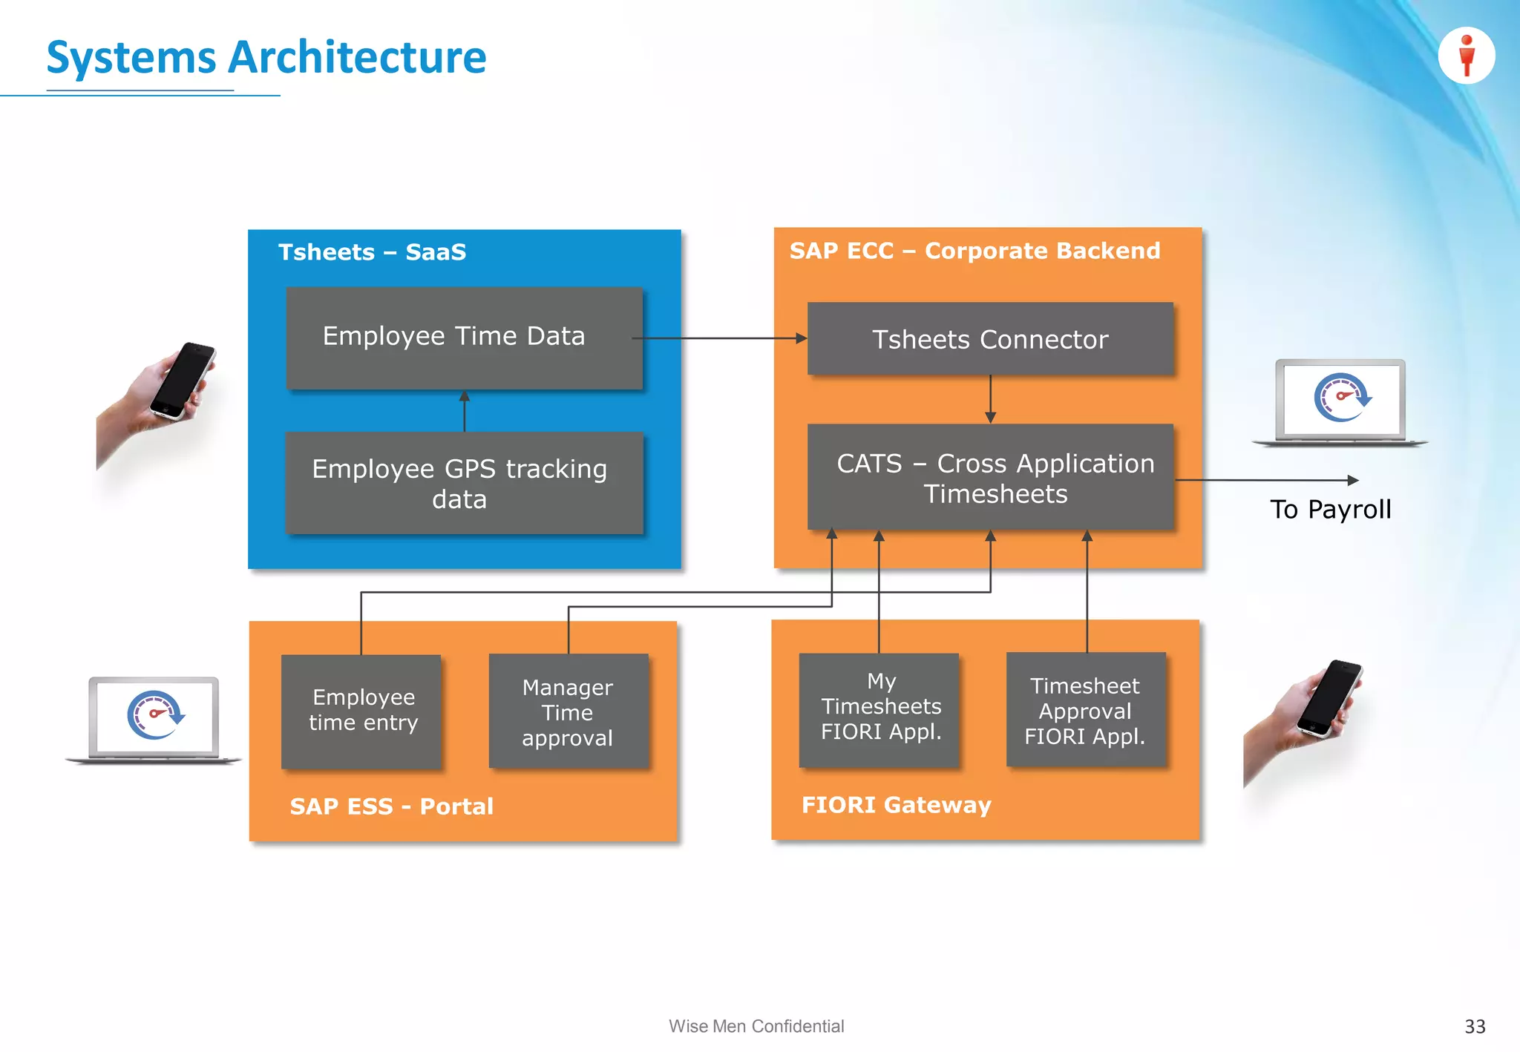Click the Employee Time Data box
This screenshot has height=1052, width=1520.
[464, 338]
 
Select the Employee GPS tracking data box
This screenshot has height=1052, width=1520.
[464, 483]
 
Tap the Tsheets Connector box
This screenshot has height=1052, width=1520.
[990, 339]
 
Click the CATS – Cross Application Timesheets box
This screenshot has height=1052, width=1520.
[990, 478]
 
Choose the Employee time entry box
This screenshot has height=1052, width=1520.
[362, 710]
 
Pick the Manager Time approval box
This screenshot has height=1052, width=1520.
[568, 711]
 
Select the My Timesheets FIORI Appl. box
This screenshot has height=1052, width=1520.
[879, 708]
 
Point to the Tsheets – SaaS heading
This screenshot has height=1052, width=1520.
[372, 252]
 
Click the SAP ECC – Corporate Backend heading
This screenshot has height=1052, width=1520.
[974, 251]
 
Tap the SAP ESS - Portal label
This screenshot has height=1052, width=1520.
[391, 806]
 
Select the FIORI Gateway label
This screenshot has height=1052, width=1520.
[896, 805]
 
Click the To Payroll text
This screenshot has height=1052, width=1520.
[1330, 510]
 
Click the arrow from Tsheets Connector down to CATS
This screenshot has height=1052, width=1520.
[990, 399]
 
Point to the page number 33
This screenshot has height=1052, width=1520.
[1474, 1027]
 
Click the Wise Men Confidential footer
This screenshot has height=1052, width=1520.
[756, 1026]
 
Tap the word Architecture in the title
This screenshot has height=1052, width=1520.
[356, 57]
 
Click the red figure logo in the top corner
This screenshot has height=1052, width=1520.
[1466, 56]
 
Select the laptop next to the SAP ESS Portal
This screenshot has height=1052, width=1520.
[154, 718]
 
